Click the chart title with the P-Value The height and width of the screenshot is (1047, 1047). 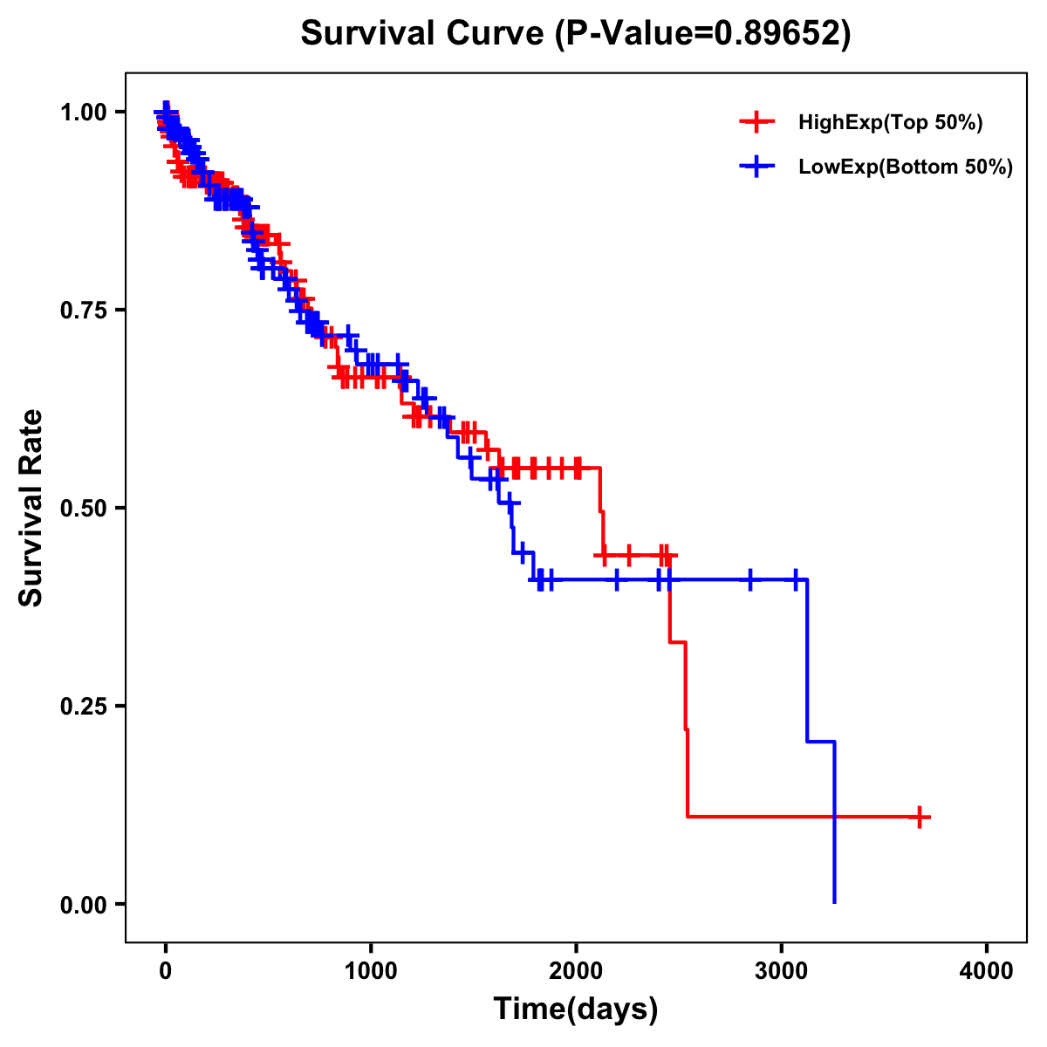pyautogui.click(x=576, y=33)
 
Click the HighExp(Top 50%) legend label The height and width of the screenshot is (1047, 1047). pyautogui.click(x=891, y=123)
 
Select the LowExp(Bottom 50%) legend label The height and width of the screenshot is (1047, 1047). pyautogui.click(x=906, y=168)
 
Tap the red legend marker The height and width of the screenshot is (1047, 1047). pyautogui.click(x=757, y=123)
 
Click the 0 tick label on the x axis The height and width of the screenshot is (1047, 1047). pyautogui.click(x=166, y=971)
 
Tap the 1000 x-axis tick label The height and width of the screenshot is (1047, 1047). pyautogui.click(x=371, y=971)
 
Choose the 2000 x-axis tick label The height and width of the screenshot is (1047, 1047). pyautogui.click(x=576, y=971)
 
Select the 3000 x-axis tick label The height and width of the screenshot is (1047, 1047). pyautogui.click(x=782, y=971)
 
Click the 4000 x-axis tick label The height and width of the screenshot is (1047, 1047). pyautogui.click(x=987, y=971)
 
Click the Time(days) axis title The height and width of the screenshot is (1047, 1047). pyautogui.click(x=576, y=1009)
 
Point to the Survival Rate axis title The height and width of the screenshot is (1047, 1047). pyautogui.click(x=31, y=508)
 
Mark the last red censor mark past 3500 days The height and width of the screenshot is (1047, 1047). pyautogui.click(x=920, y=818)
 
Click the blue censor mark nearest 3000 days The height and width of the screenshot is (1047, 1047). pyautogui.click(x=796, y=579)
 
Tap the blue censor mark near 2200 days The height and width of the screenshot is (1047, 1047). pyautogui.click(x=617, y=579)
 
